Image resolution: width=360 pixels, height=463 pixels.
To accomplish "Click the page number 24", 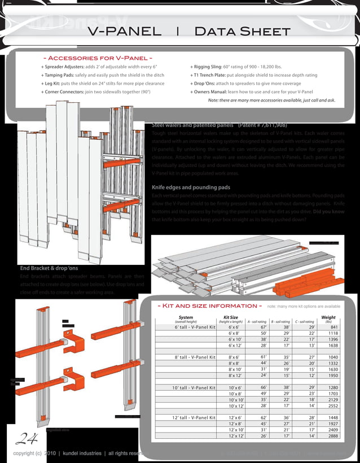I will pos(24,439).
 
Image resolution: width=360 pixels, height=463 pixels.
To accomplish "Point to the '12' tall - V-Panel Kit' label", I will pos(194,417).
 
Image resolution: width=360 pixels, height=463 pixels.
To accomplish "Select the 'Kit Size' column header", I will pos(230,317).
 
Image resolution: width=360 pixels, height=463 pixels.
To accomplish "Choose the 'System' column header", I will pos(185,317).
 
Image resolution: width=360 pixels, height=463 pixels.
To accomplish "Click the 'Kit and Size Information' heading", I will pos(210,306).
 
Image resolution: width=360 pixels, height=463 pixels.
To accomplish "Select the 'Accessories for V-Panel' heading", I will pos(98,58).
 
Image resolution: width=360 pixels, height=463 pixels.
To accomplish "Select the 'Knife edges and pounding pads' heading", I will pos(191,187).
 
